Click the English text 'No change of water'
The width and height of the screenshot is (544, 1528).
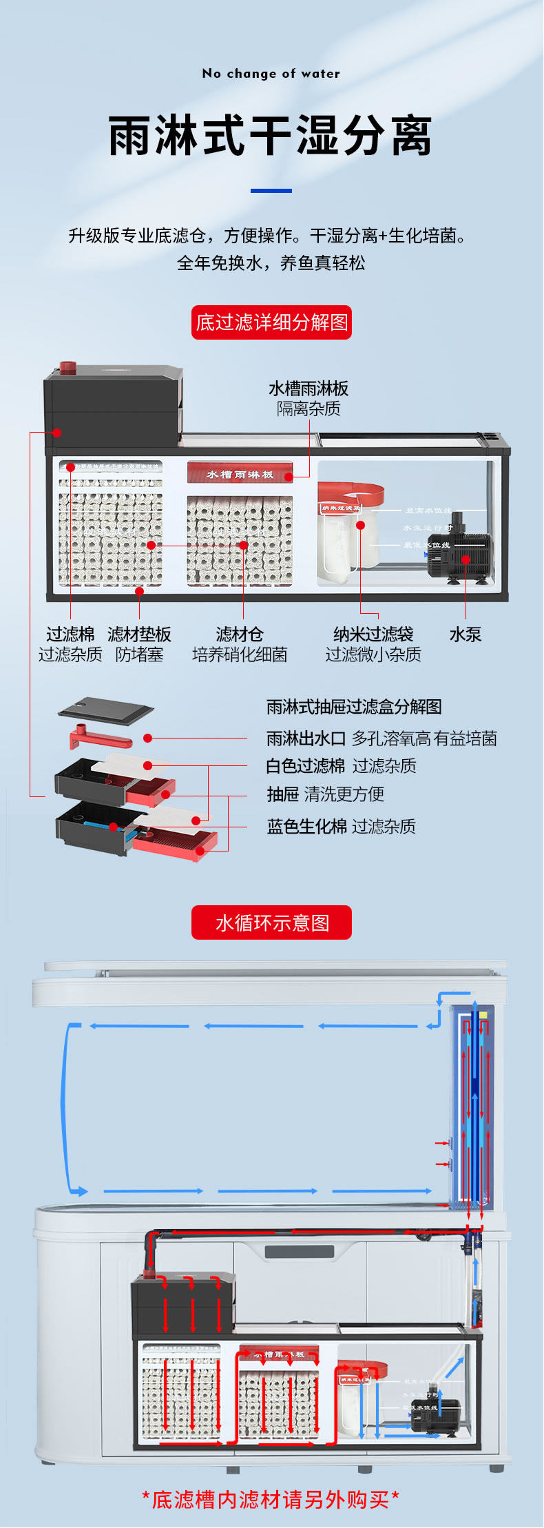point(271,74)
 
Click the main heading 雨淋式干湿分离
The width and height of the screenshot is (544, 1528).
point(271,136)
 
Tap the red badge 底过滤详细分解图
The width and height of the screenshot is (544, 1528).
point(271,322)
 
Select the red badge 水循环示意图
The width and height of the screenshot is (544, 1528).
point(271,922)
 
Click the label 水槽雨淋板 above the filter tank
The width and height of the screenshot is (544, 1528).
point(308,389)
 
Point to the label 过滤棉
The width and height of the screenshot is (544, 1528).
point(70,634)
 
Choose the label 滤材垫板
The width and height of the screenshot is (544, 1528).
point(139,634)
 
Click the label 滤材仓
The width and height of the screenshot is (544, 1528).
point(239,634)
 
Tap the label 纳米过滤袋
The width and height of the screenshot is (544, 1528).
point(373,634)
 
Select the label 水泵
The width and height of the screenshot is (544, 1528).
point(465,634)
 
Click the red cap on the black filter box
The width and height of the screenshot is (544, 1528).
point(67,367)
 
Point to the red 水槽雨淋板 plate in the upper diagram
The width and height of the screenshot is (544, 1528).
point(240,473)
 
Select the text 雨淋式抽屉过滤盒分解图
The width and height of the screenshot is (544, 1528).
point(354,707)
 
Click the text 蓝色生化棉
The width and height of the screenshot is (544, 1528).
point(306,827)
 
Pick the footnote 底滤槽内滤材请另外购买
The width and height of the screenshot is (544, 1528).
point(271,1500)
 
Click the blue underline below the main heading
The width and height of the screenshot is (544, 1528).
point(271,190)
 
